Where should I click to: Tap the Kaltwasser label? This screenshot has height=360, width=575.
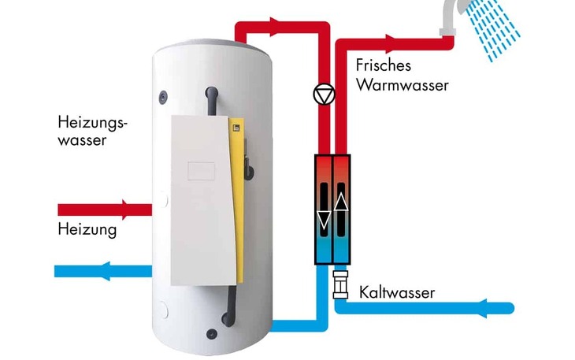397,293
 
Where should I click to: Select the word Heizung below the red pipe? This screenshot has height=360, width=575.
87,230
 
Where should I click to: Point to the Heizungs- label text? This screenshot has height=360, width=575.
92,123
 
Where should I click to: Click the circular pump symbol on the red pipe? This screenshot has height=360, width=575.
323,95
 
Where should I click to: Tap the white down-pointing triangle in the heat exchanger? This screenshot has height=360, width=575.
323,220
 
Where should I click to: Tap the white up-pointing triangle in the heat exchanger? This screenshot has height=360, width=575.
342,202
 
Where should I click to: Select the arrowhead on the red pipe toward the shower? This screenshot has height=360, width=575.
391,39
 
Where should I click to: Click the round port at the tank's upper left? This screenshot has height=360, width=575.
163,98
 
